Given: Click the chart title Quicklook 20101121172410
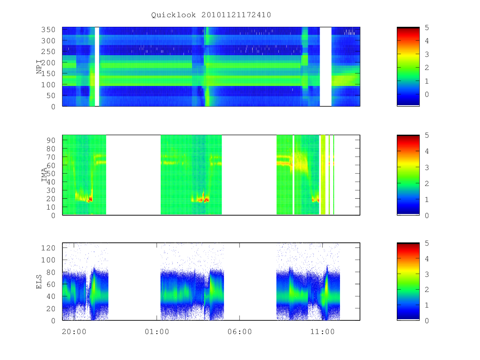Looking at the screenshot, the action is click(211, 15).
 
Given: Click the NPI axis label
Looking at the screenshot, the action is click(39, 67).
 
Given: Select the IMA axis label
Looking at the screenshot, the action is click(44, 175).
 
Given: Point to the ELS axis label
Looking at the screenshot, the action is click(39, 282).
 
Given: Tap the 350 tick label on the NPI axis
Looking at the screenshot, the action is click(48, 30).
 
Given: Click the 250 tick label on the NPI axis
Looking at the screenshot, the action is click(48, 52).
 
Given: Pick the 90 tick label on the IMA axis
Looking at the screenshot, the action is click(51, 140).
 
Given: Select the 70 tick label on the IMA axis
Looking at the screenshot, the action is click(51, 157).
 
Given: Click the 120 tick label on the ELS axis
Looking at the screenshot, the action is click(48, 248).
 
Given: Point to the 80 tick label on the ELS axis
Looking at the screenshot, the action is click(51, 272).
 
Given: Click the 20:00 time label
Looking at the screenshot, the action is click(74, 332).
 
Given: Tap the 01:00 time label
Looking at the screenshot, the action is click(157, 332).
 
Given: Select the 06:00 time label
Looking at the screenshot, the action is click(240, 332).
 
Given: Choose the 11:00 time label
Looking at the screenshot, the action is click(322, 332).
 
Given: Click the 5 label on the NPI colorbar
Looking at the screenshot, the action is click(427, 28).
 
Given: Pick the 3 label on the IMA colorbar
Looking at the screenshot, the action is click(427, 168).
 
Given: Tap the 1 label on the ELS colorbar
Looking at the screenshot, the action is click(427, 305).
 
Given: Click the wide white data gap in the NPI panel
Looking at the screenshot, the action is click(326, 67).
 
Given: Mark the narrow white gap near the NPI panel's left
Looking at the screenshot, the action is click(97, 67).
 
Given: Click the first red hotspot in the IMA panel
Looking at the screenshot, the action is click(90, 199).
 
